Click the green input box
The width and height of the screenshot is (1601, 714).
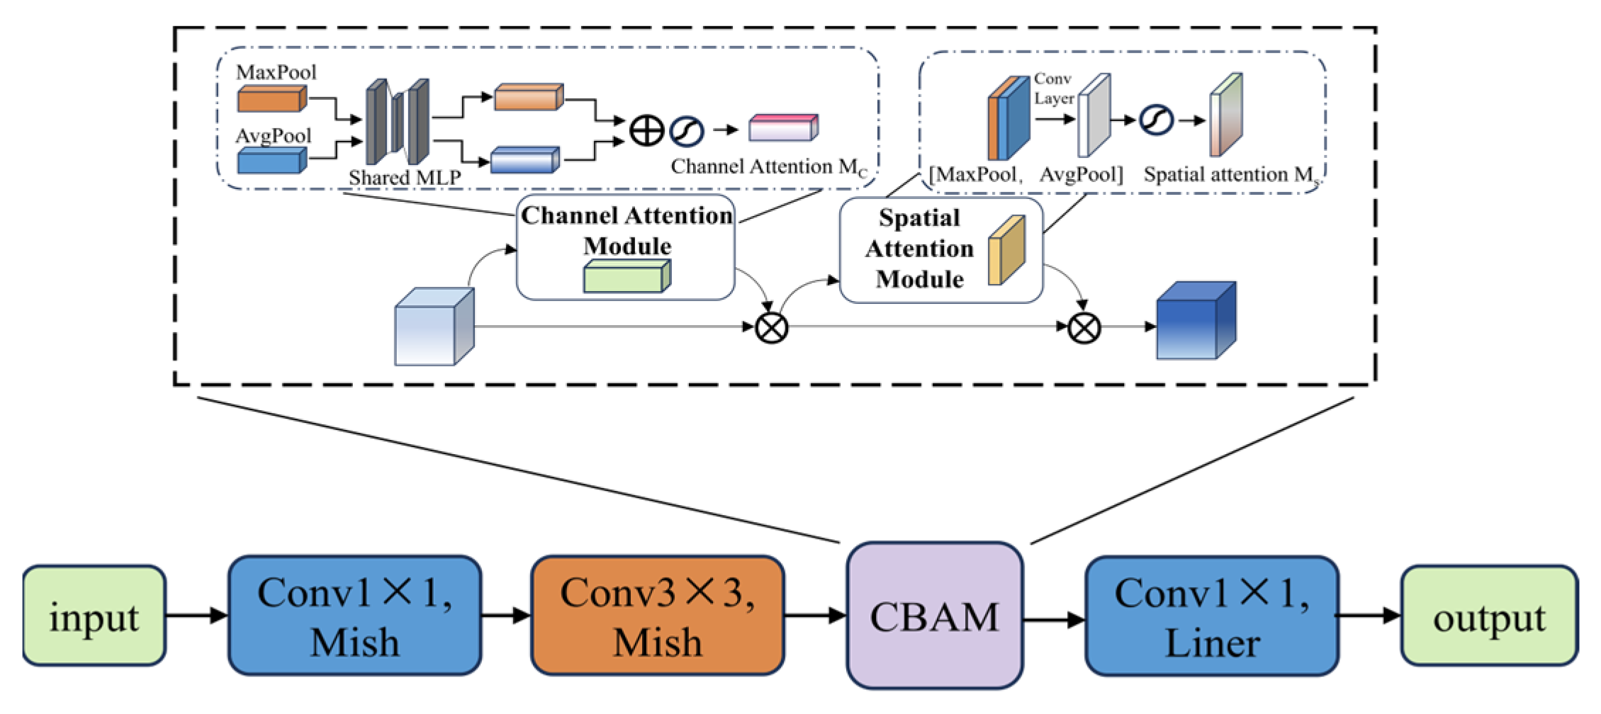click(94, 616)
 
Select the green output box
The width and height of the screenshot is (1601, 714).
click(1489, 616)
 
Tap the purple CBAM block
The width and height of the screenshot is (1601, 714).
click(934, 616)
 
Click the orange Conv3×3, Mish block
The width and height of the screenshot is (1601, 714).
click(657, 616)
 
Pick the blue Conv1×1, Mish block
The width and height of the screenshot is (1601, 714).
click(354, 616)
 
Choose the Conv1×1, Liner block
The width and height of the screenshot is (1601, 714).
click(1211, 616)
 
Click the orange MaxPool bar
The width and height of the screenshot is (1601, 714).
click(271, 99)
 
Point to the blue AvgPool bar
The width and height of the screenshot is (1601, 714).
click(271, 161)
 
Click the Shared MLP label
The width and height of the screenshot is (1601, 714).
click(405, 177)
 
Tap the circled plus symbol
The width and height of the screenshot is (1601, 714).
click(646, 131)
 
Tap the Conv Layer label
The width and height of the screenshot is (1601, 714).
click(1053, 89)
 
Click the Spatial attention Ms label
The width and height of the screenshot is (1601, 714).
click(1232, 175)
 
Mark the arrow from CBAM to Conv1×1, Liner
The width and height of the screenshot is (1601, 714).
click(1054, 620)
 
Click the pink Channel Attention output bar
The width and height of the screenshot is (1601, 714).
click(783, 127)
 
